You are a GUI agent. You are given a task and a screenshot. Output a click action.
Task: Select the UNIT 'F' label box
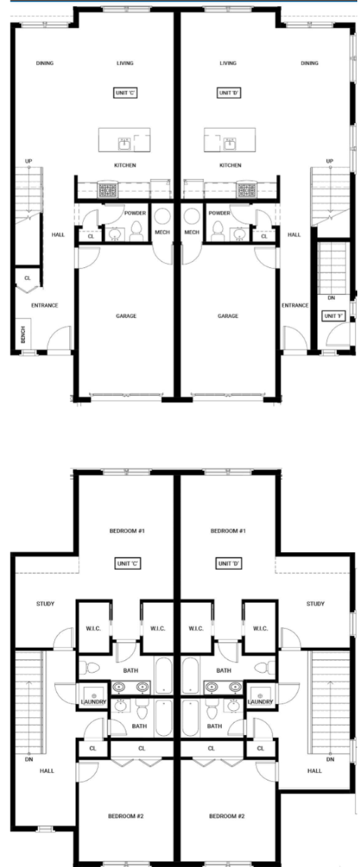point(334,316)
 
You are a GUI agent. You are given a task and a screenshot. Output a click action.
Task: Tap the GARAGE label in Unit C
point(126,316)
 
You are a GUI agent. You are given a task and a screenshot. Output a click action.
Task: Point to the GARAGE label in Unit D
point(228,316)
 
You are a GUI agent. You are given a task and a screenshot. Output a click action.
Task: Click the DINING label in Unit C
point(45,63)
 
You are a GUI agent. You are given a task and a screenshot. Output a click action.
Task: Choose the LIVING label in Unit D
point(228,63)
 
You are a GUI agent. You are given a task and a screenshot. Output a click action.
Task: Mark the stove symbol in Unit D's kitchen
point(244,190)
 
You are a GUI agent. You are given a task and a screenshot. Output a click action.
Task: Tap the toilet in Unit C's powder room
point(136,232)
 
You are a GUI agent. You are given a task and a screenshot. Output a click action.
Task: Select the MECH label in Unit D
point(191,232)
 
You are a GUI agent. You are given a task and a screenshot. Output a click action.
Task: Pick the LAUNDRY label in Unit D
point(260,701)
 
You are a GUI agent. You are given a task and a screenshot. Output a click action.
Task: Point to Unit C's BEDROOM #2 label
point(126,816)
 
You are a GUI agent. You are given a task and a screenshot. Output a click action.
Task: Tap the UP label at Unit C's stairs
point(28,161)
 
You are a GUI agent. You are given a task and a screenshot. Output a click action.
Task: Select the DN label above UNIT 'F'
point(331,298)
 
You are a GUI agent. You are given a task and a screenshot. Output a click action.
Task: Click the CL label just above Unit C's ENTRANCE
point(28,277)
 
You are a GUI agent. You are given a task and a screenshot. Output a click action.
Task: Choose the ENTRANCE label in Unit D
point(295,305)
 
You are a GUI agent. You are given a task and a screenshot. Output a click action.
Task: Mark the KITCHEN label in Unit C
point(124,165)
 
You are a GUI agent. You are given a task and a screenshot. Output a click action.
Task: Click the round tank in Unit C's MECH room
point(163,217)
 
